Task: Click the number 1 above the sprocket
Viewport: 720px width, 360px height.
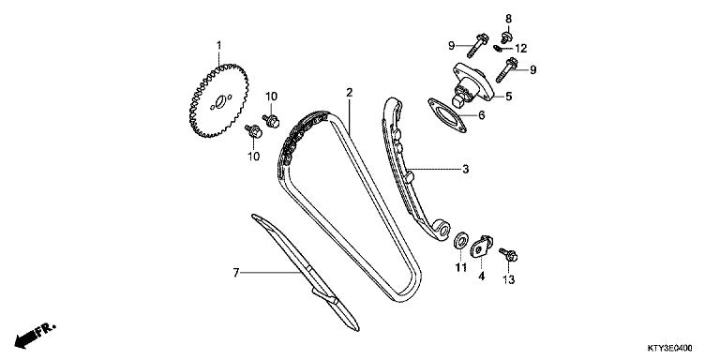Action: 218,45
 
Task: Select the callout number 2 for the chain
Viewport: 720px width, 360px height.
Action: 348,93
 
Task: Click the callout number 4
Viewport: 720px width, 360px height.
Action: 481,277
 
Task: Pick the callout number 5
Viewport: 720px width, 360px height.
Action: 508,95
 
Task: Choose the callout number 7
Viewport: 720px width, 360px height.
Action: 236,273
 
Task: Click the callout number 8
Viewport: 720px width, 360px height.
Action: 509,19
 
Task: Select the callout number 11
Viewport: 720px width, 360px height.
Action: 460,269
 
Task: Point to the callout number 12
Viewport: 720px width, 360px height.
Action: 520,48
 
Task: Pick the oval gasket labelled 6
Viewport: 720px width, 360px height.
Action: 448,115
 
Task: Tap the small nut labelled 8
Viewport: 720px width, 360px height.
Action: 506,37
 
